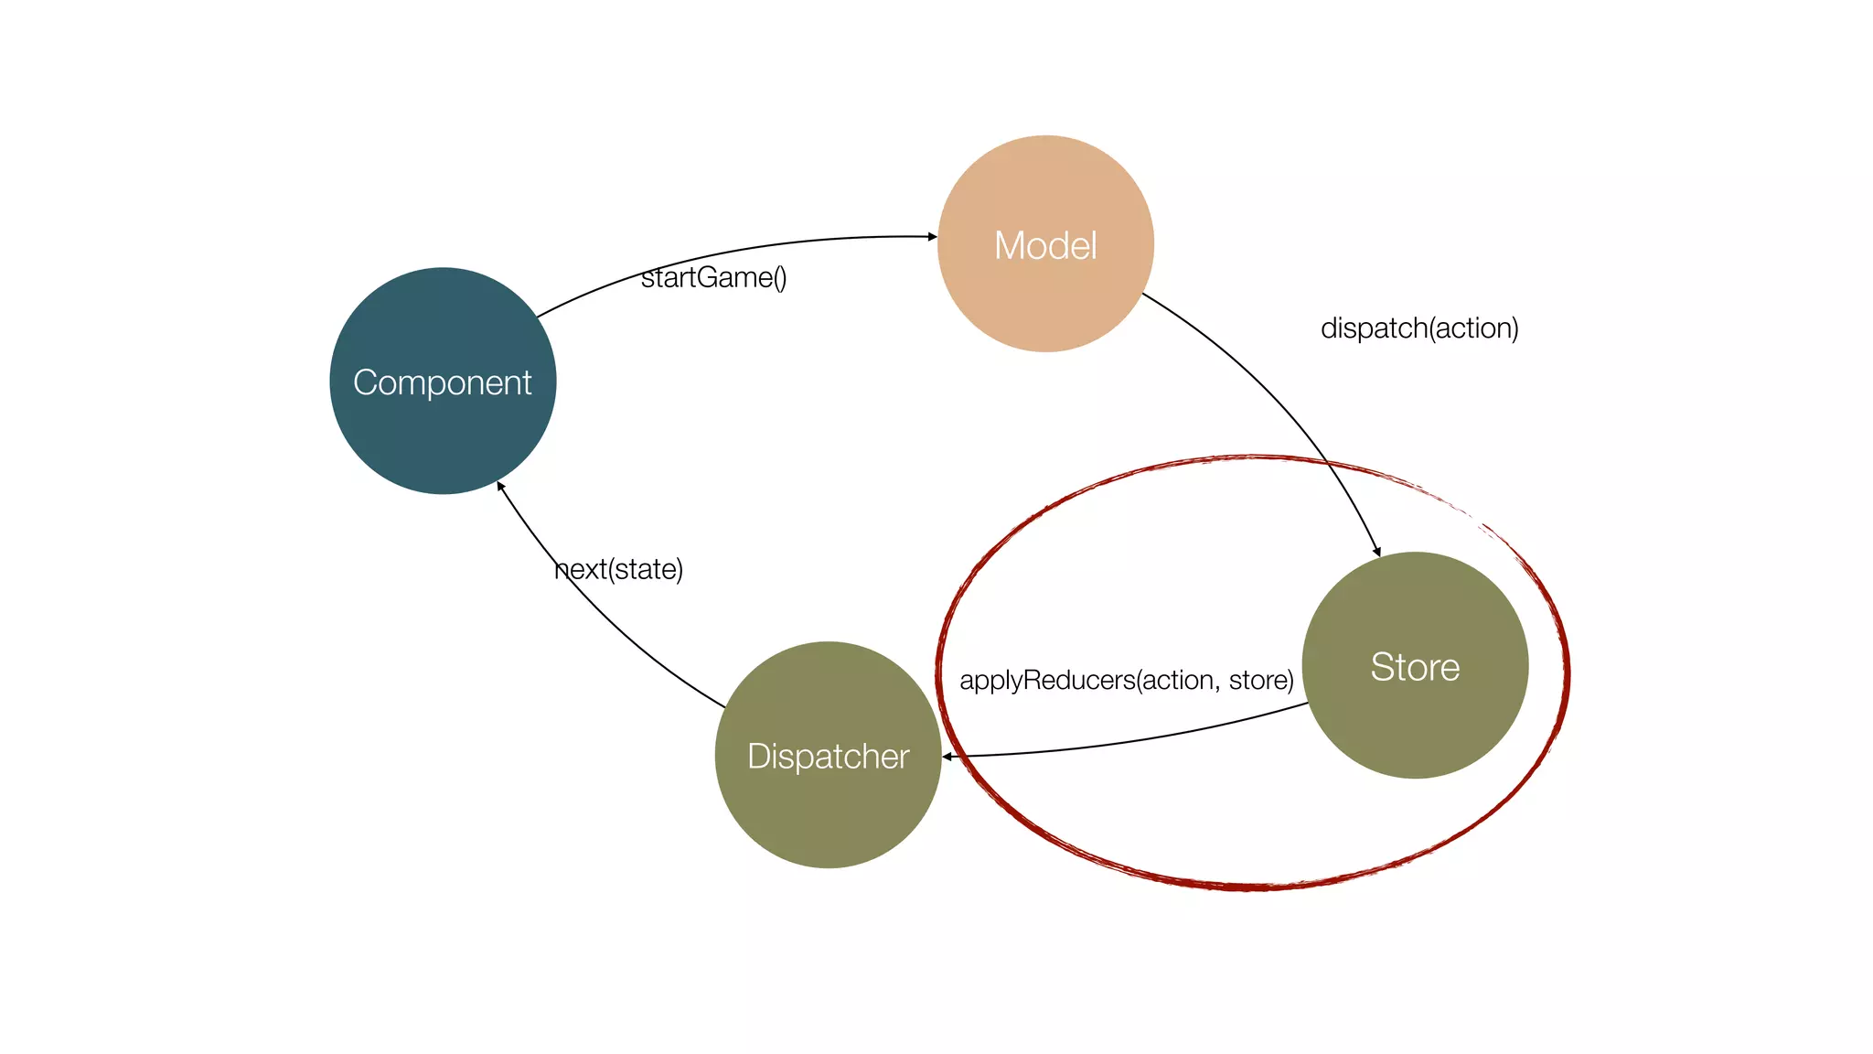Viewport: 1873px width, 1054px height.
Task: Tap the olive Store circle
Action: click(x=1415, y=723)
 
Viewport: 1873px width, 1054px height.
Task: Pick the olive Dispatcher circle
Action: click(x=828, y=814)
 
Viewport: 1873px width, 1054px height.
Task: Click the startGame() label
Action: click(x=713, y=277)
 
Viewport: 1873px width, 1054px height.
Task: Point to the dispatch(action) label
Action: click(x=1419, y=328)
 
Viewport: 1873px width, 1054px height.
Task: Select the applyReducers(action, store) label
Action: click(x=1126, y=680)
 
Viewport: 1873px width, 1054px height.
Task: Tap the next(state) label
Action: click(x=619, y=569)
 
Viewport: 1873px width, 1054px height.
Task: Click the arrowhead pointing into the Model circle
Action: click(x=932, y=237)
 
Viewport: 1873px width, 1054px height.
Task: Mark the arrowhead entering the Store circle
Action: click(x=1376, y=551)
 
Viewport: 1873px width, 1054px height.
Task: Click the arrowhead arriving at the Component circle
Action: click(x=501, y=487)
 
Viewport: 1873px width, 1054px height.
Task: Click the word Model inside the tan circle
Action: click(x=1045, y=245)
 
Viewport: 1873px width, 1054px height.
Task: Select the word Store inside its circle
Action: click(x=1415, y=667)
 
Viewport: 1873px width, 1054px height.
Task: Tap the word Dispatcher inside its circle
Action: click(x=828, y=757)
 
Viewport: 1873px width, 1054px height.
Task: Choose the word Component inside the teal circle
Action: click(x=443, y=382)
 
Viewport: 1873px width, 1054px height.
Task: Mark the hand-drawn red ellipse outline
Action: click(x=1253, y=886)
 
